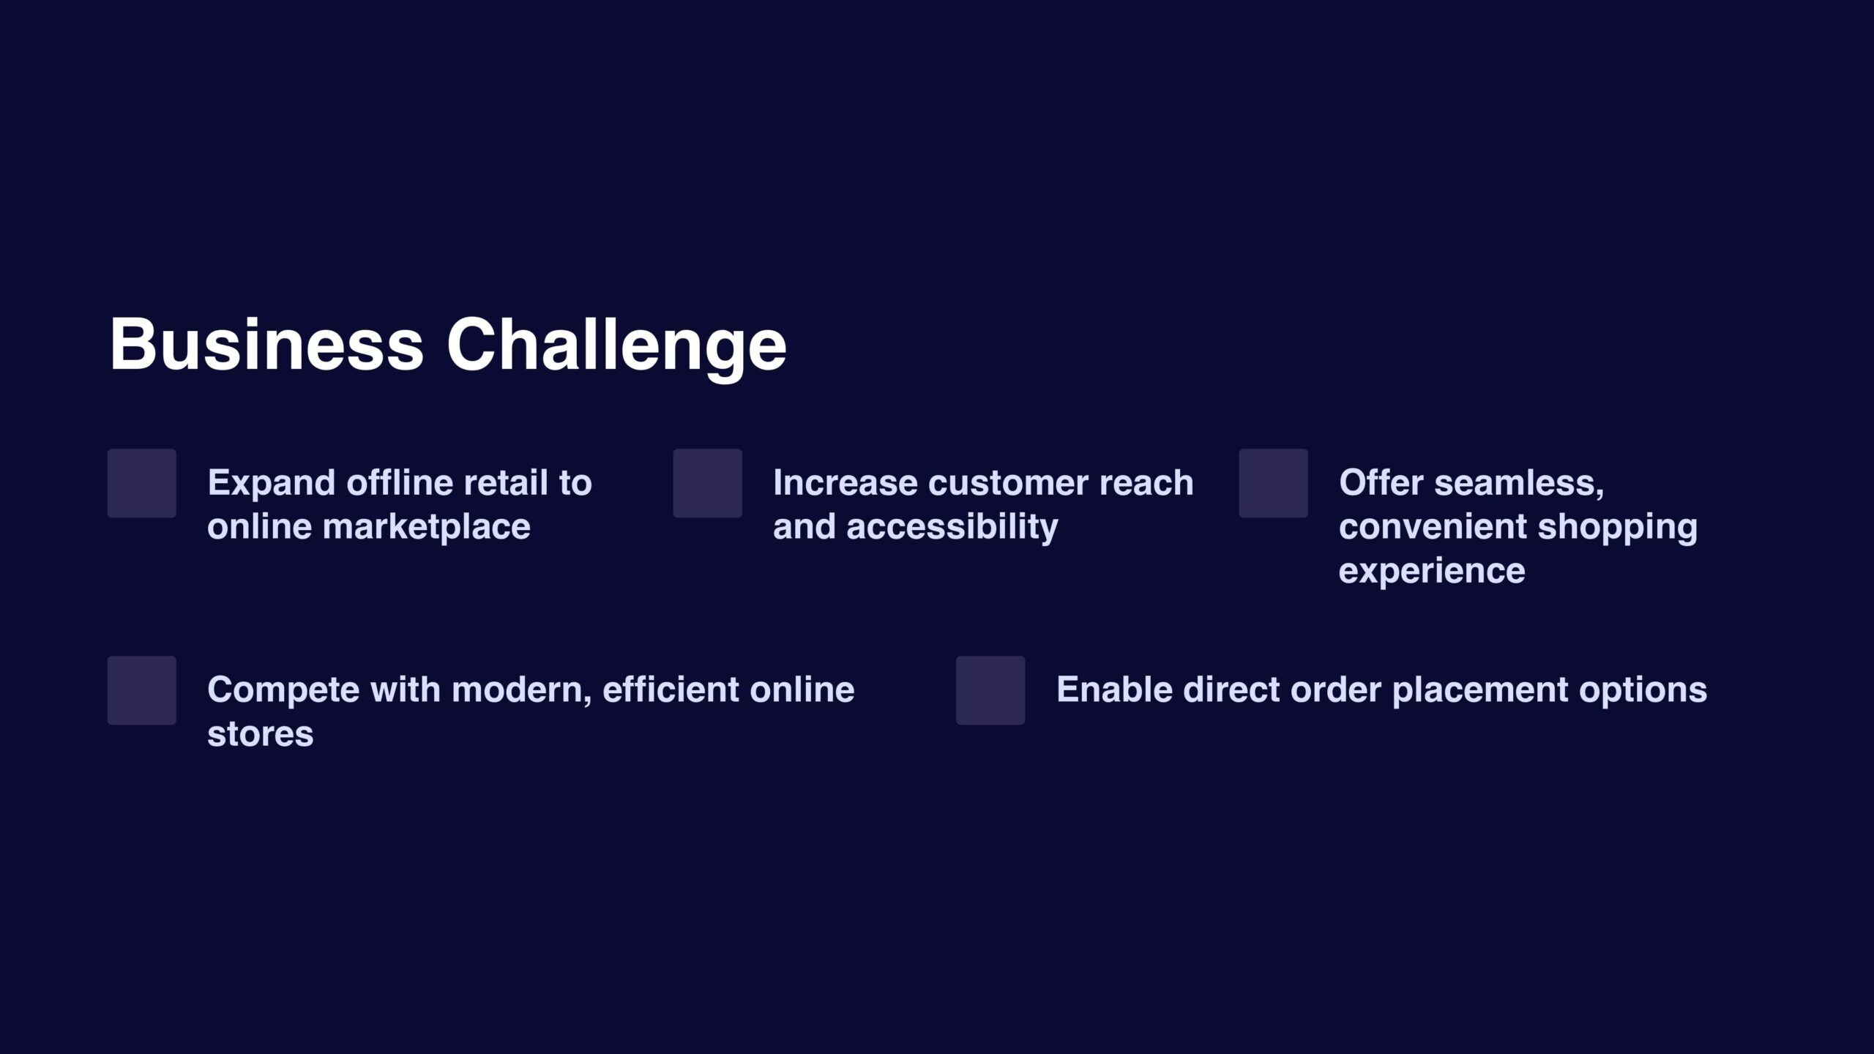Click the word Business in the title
pos(266,344)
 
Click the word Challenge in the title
pos(616,348)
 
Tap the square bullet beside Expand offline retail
pos(142,483)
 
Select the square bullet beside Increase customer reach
pos(708,483)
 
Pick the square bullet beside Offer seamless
pos(1274,483)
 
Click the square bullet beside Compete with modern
pos(142,690)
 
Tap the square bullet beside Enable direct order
pos(990,690)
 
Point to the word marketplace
pos(427,528)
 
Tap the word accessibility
pos(952,528)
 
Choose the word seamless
pos(1519,485)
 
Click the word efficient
pos(665,690)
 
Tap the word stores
pos(261,735)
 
